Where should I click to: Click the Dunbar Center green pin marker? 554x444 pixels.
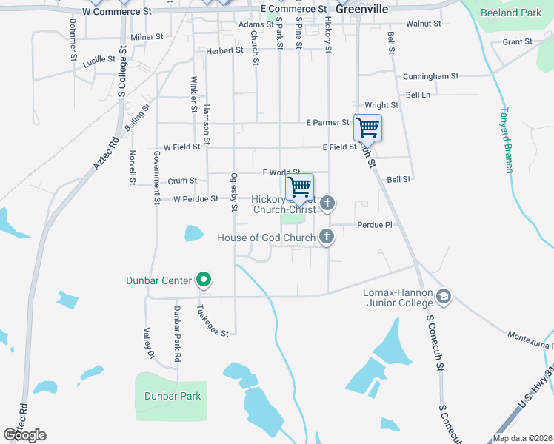tap(204, 280)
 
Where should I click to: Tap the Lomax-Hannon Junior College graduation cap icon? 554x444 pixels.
tap(444, 297)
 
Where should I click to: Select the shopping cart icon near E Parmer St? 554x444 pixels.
tap(367, 128)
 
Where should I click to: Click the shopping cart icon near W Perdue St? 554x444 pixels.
tap(299, 186)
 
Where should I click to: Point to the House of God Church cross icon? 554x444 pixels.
tap(327, 238)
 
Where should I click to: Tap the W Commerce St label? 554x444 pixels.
tap(117, 12)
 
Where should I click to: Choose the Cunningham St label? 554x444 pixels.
tap(431, 76)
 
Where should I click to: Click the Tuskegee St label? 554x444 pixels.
tap(213, 321)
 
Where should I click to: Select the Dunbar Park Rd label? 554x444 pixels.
tap(178, 333)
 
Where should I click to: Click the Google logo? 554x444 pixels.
tap(24, 435)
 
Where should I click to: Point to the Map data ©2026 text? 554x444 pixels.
tap(521, 438)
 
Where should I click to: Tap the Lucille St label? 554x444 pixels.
tap(100, 63)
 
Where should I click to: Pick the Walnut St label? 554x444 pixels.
tap(424, 24)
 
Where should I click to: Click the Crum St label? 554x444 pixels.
tap(182, 180)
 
